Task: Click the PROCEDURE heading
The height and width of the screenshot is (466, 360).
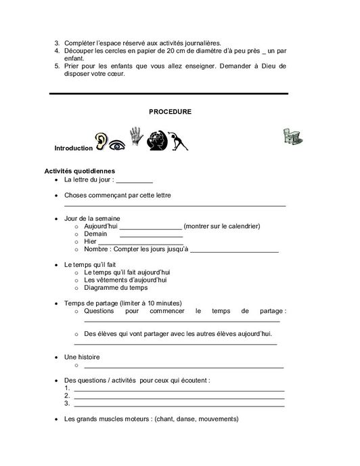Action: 170,111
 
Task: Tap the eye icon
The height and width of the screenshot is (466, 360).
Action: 118,144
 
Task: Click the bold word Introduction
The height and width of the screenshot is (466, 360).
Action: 73,148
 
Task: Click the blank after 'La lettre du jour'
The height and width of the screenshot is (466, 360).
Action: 135,182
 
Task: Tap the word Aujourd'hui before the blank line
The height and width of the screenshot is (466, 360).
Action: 101,226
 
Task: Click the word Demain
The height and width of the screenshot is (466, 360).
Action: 95,234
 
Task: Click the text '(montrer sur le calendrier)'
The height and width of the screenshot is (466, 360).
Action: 221,226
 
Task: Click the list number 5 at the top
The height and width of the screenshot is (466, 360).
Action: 57,66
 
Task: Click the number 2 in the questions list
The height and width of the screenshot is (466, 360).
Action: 66,396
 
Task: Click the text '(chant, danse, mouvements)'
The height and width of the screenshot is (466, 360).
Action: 196,419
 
